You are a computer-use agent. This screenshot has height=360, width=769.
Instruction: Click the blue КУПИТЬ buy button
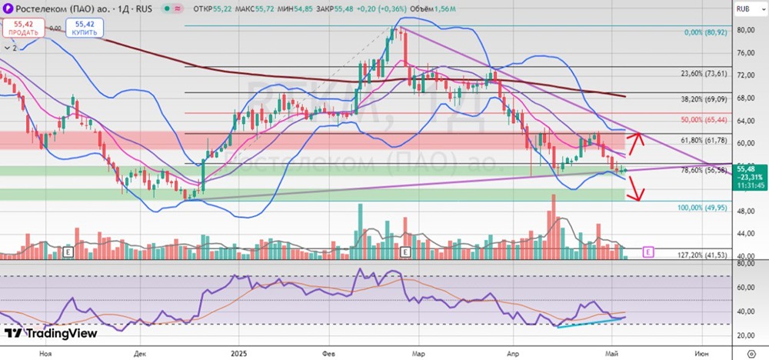click(x=85, y=28)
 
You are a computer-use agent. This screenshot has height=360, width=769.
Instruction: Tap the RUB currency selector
click(x=744, y=8)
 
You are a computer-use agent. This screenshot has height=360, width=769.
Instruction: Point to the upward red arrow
click(x=633, y=142)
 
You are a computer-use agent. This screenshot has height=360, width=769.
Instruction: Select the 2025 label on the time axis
click(x=238, y=352)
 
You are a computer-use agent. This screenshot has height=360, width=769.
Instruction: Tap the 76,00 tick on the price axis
click(x=745, y=53)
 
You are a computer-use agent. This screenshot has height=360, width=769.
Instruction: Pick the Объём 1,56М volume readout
click(x=435, y=8)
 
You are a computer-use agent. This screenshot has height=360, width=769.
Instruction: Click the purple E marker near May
click(x=647, y=252)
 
